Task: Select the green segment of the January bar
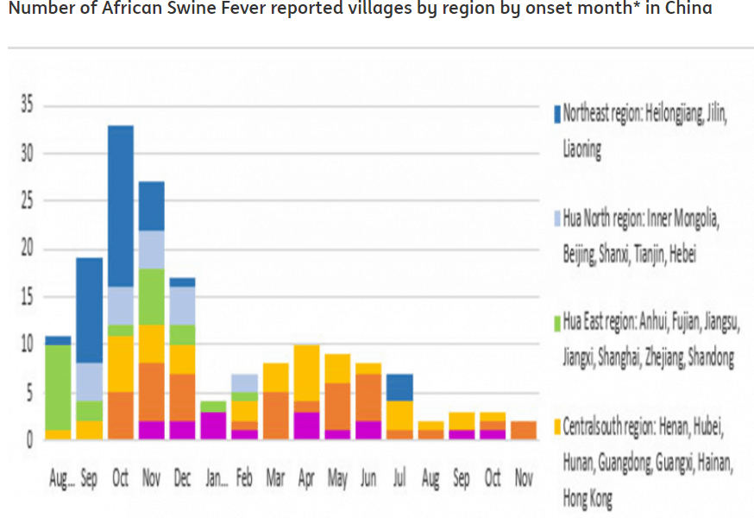(213, 406)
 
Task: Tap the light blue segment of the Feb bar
(244, 382)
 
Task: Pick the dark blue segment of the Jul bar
(399, 388)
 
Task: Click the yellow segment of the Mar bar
(275, 377)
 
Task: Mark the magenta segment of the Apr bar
(306, 426)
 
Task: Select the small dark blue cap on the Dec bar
(182, 282)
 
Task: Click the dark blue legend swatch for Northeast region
(557, 114)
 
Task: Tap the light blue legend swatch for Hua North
(557, 218)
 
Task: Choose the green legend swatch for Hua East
(557, 323)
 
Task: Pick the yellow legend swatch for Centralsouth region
(557, 426)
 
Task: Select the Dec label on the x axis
(182, 478)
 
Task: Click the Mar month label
(275, 478)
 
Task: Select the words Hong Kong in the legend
(588, 499)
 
